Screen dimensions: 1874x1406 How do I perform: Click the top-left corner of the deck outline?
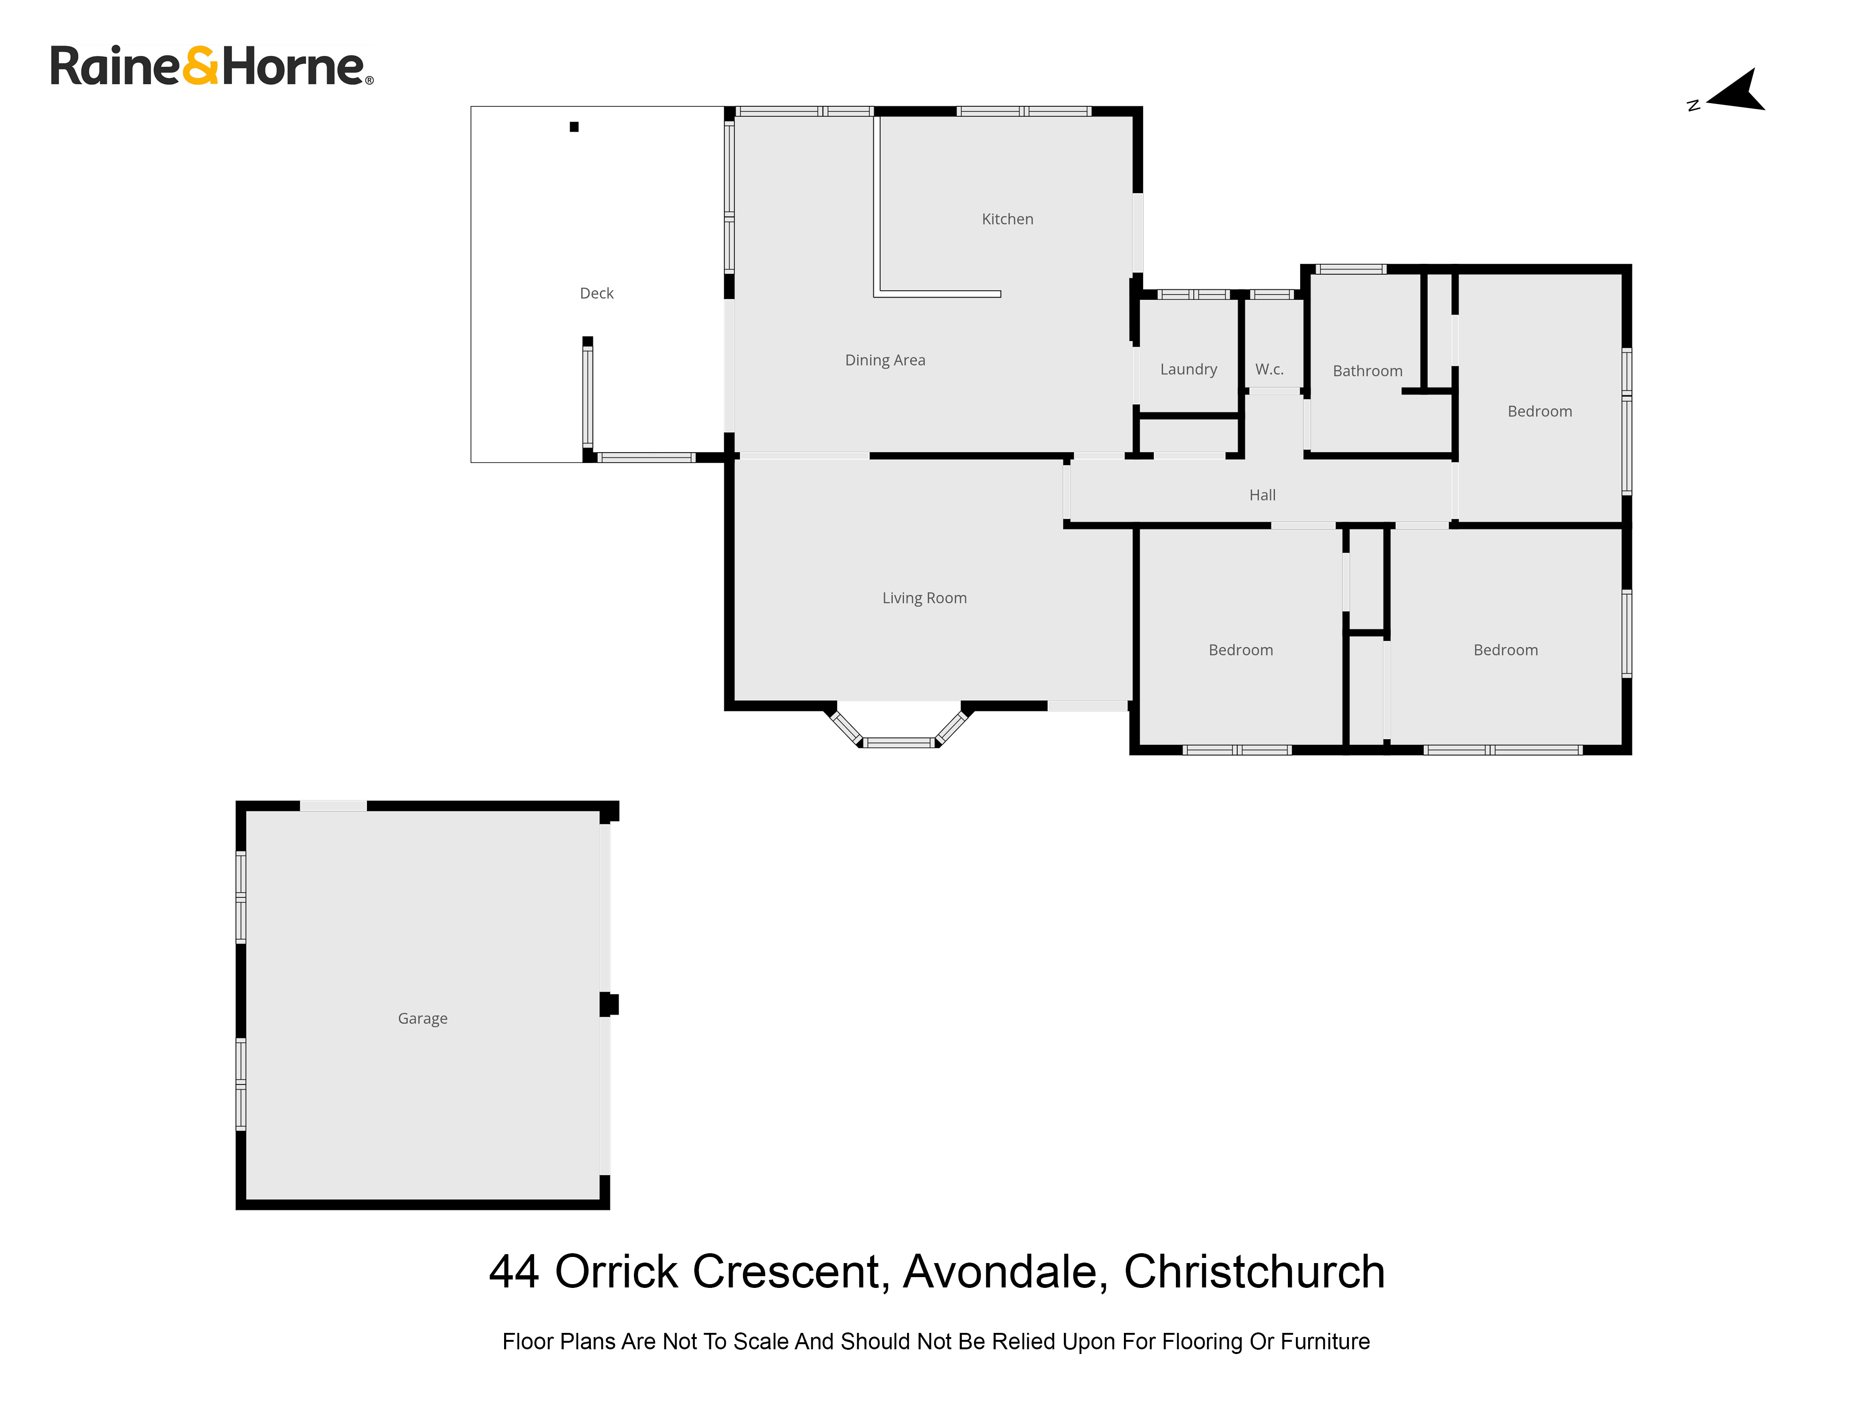click(471, 107)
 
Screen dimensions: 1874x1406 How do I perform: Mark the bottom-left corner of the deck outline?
click(471, 462)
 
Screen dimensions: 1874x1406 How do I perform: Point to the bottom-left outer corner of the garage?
click(237, 1209)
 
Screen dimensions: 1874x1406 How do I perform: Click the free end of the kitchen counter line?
click(1001, 294)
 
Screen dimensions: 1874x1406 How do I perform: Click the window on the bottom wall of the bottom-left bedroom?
click(1237, 750)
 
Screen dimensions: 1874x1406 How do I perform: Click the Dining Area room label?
click(885, 360)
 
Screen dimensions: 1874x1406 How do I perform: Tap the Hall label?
click(1262, 495)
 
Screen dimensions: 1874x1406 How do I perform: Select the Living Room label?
click(924, 598)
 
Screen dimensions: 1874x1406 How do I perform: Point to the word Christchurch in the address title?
click(1255, 1271)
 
